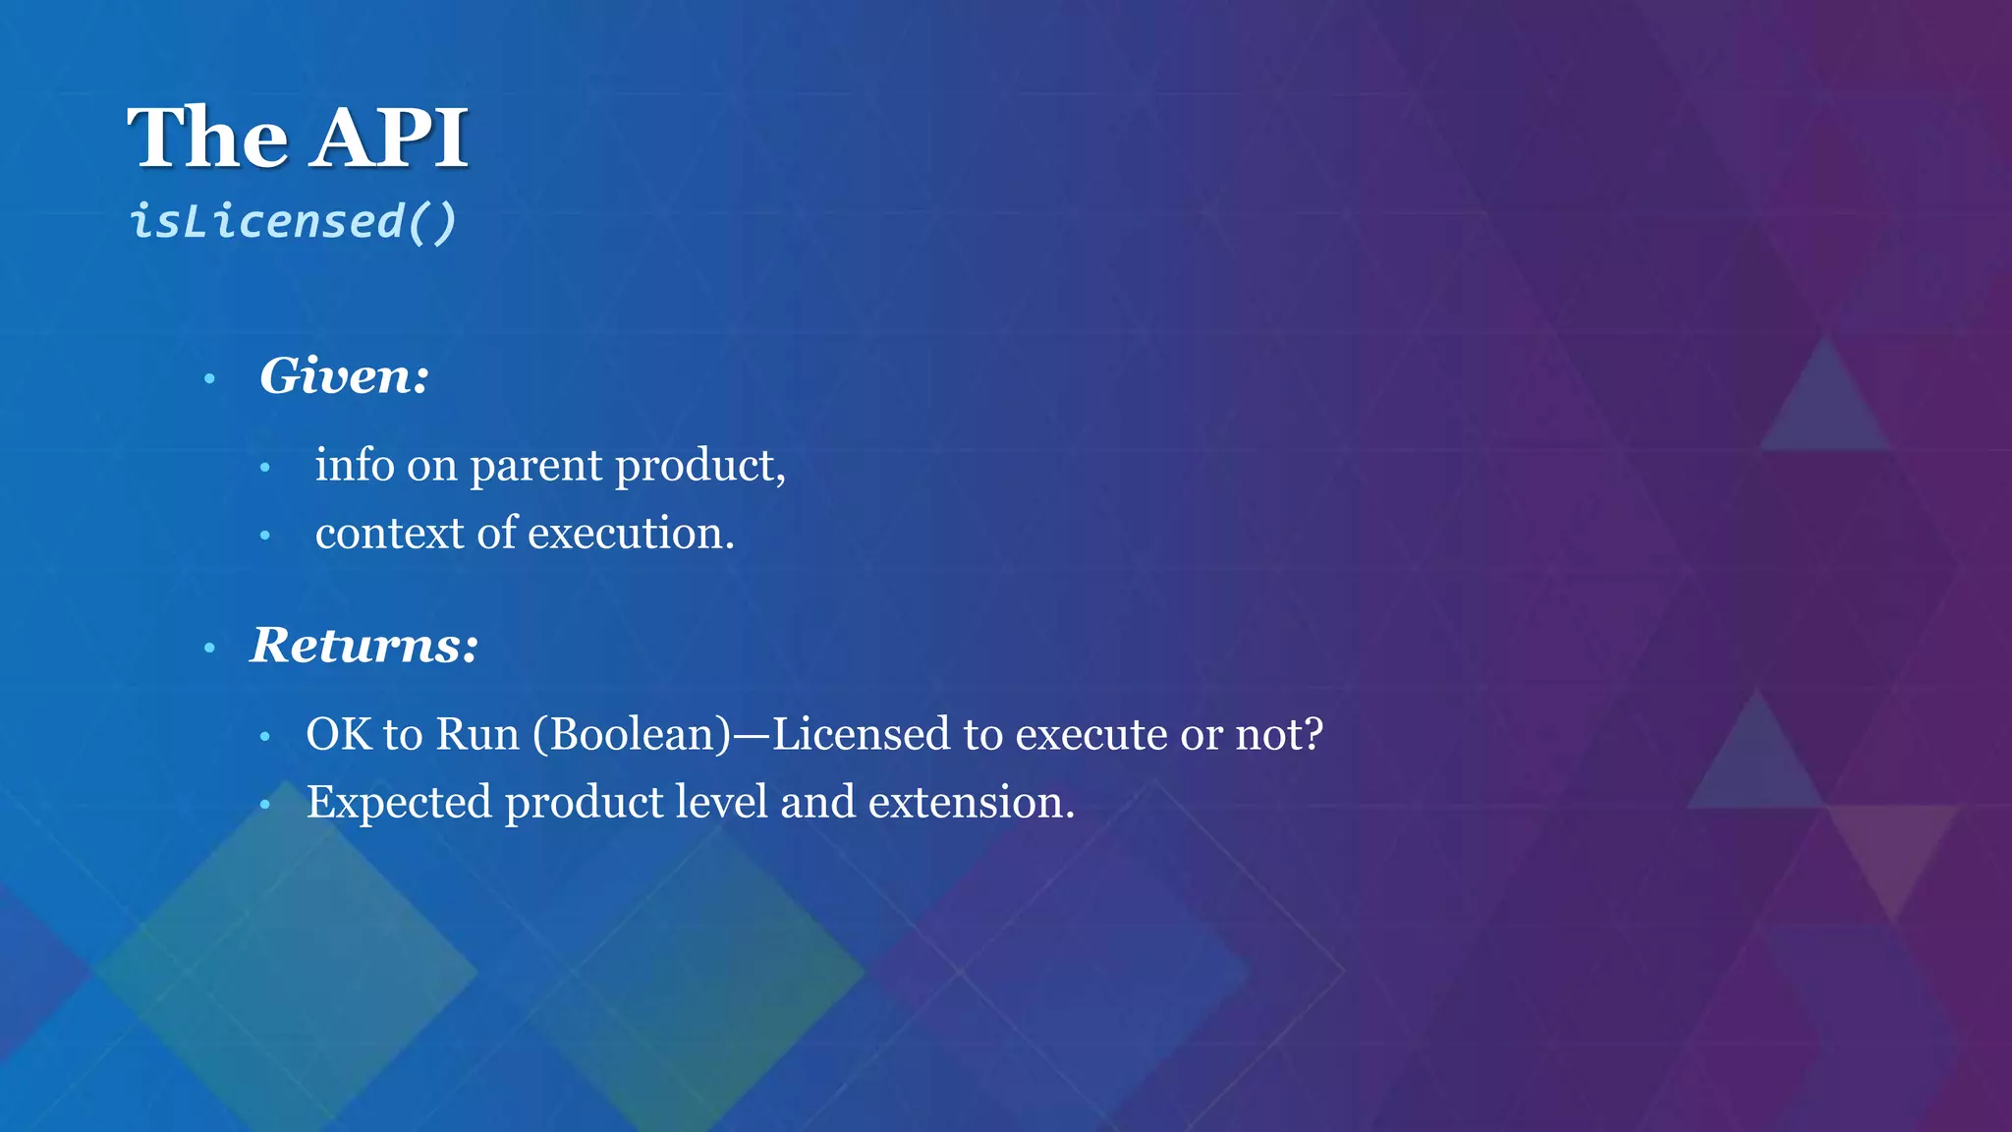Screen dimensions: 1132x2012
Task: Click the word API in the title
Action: click(391, 138)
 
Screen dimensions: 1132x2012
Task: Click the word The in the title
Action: click(207, 138)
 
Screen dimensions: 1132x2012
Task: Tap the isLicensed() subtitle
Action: click(293, 221)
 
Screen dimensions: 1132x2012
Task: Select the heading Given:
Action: click(344, 376)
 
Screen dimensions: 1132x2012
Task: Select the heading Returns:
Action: click(364, 646)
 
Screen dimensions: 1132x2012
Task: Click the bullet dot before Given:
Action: click(209, 379)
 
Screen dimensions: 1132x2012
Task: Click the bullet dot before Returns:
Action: click(209, 649)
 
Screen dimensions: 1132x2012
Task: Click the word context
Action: click(389, 534)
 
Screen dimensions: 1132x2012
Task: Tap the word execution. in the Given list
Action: click(631, 534)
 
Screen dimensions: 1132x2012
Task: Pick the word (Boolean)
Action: click(632, 735)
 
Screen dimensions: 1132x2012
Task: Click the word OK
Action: click(338, 735)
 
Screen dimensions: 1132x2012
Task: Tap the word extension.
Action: click(972, 803)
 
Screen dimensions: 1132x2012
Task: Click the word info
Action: click(355, 466)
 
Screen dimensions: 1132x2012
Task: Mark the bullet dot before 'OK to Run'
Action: click(264, 737)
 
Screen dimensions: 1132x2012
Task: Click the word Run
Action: click(477, 735)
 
